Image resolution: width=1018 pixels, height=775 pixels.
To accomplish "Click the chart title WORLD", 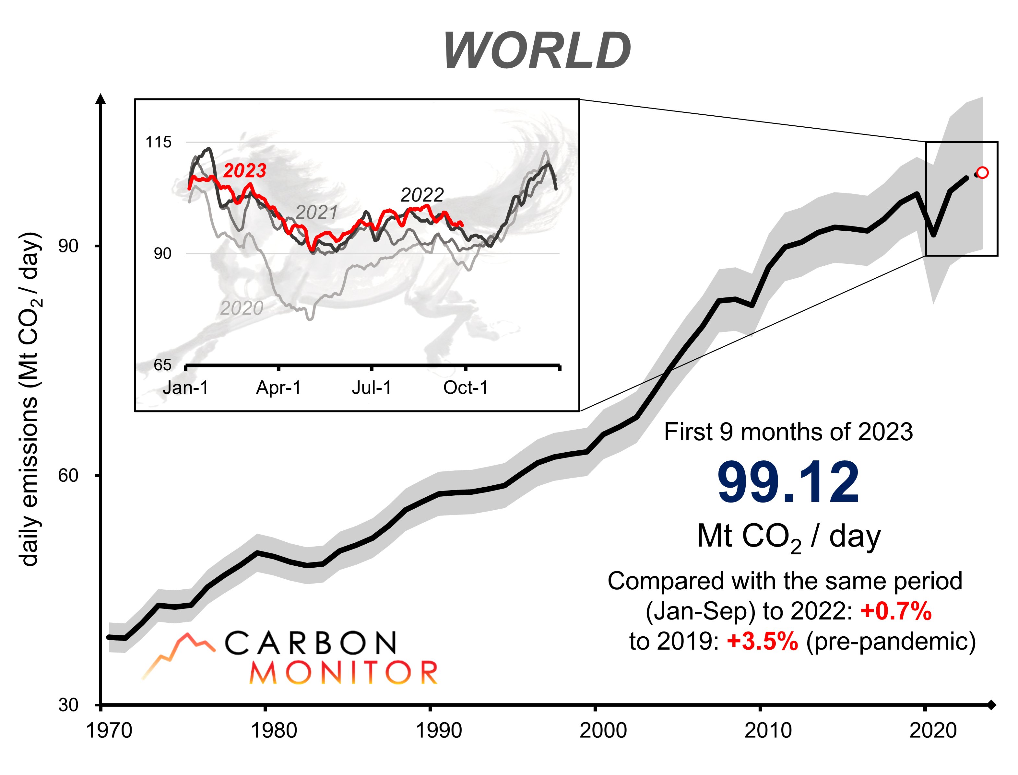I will (537, 51).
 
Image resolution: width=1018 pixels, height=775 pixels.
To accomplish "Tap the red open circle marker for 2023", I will (982, 173).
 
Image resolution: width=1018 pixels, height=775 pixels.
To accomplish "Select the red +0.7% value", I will (896, 611).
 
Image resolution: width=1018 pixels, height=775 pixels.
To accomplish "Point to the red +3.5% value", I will (762, 641).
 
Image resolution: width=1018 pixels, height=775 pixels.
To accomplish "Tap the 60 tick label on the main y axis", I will (68, 475).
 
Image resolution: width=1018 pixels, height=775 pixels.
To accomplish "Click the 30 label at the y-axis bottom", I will (68, 705).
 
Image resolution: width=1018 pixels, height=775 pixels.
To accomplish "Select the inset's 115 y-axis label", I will (158, 142).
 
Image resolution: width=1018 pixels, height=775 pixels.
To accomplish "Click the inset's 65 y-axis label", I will (162, 365).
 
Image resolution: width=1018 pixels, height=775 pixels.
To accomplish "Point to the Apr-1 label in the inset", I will (278, 388).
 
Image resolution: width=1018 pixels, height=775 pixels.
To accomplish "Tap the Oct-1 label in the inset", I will (465, 388).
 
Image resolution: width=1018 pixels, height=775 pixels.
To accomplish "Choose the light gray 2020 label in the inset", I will (241, 308).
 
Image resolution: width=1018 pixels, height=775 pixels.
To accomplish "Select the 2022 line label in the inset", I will (422, 195).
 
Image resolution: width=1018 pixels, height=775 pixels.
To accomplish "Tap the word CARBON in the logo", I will (310, 643).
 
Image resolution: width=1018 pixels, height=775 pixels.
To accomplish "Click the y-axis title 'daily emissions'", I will (30, 399).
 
